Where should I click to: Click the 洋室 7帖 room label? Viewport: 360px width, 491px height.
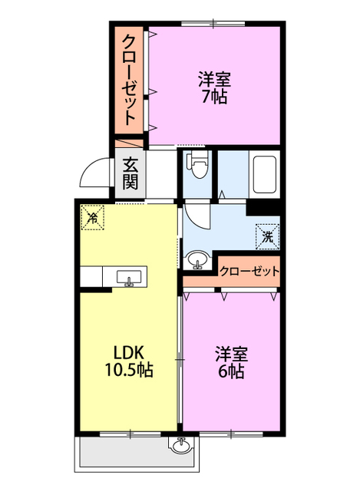[x=215, y=88]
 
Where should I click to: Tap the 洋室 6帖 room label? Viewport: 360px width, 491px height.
[x=231, y=362]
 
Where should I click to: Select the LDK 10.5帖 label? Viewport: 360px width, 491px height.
[x=129, y=361]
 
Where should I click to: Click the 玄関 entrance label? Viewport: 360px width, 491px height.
[x=130, y=174]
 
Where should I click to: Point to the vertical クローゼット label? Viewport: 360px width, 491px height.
[x=129, y=80]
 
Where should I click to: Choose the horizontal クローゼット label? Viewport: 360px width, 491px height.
[x=249, y=271]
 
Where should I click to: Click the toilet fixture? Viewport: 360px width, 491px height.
[x=197, y=164]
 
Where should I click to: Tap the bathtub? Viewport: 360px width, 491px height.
[x=265, y=174]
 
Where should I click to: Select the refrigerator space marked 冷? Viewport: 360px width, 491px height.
[x=92, y=217]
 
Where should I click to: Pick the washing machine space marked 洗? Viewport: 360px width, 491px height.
[x=267, y=237]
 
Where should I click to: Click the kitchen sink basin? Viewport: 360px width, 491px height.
[x=129, y=277]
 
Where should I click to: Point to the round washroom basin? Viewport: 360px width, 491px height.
[x=197, y=260]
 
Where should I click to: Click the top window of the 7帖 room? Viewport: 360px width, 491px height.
[x=213, y=24]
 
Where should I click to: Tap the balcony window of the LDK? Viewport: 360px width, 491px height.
[x=130, y=434]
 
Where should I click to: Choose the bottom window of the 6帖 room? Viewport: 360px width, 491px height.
[x=231, y=434]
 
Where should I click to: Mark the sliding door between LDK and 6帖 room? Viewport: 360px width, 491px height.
[x=180, y=360]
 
